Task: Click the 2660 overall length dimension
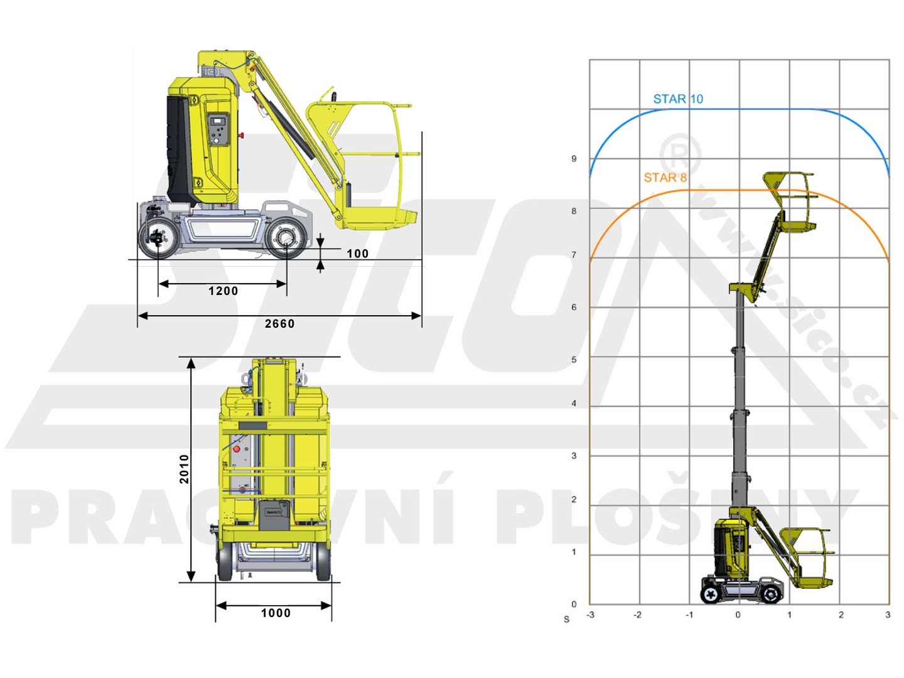point(279,324)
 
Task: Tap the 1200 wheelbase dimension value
point(223,291)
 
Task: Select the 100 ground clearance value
point(357,254)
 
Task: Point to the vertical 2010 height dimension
point(184,469)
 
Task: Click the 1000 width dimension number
point(276,613)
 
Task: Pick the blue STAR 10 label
point(678,99)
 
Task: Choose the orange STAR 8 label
point(665,178)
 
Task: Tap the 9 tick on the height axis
point(574,159)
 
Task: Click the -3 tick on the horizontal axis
point(590,615)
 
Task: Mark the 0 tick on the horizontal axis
point(738,615)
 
